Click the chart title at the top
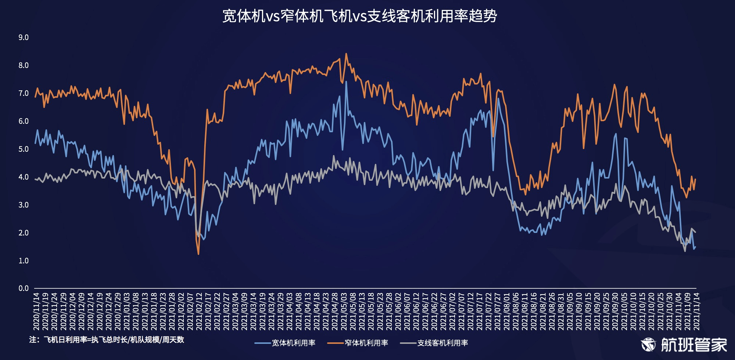point(360,16)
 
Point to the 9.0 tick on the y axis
point(24,37)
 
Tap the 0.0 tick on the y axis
point(24,288)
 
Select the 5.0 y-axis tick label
point(24,149)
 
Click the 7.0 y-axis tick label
point(24,93)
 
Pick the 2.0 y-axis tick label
point(24,233)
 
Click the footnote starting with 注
point(107,339)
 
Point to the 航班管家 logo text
point(694,345)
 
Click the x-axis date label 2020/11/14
point(36,311)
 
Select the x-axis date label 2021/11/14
point(696,311)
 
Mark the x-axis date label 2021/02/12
point(199,311)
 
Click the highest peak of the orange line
point(346,54)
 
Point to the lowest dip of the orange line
point(198,254)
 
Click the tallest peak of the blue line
point(346,82)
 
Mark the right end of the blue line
point(695,247)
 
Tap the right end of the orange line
point(695,179)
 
